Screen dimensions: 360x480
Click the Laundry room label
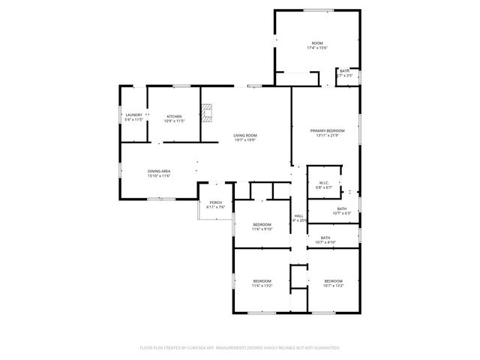click(133, 115)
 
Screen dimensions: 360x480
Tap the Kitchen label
click(174, 115)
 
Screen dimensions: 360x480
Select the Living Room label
click(244, 135)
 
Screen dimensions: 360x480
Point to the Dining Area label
click(159, 171)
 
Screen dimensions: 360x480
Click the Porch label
click(215, 202)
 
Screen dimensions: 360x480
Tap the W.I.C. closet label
click(324, 183)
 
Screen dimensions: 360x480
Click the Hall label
click(298, 216)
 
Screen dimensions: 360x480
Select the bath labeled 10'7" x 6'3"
click(341, 208)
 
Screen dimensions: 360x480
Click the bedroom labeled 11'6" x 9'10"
click(262, 225)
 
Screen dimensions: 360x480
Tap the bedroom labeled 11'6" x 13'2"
click(262, 280)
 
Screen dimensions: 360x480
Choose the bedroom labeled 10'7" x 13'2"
click(333, 280)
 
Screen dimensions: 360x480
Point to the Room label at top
click(317, 43)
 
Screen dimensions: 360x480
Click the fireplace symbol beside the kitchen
click(207, 114)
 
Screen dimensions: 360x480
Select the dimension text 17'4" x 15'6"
click(317, 48)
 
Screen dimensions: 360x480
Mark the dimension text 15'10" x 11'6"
click(159, 175)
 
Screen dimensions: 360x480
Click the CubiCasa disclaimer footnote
click(240, 348)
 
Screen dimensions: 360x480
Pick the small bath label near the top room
click(344, 71)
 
